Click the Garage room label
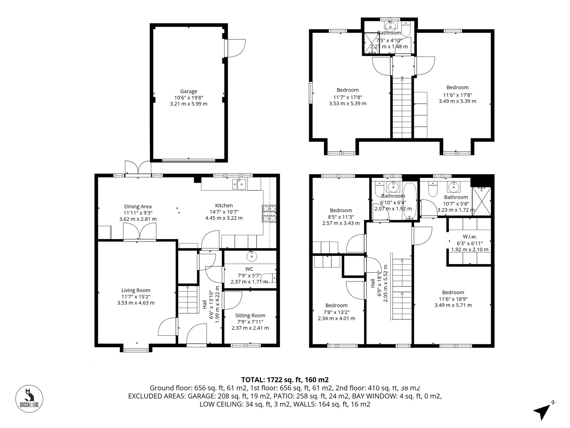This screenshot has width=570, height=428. click(188, 91)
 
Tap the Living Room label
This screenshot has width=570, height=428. click(136, 290)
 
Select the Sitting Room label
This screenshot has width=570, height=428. click(250, 315)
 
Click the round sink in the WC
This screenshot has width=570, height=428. click(252, 256)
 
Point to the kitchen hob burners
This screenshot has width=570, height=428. click(269, 214)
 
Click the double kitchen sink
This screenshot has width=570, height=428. click(239, 184)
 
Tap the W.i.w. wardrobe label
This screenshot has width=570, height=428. click(469, 237)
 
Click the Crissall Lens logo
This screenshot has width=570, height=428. click(29, 399)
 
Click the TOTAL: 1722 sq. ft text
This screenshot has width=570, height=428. click(285, 380)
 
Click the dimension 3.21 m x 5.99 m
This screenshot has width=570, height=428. click(188, 104)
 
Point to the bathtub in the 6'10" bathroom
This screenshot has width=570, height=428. click(410, 201)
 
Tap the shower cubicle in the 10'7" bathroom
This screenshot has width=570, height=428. click(481, 201)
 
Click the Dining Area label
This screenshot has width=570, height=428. click(138, 207)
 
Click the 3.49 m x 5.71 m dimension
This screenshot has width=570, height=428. click(453, 305)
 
